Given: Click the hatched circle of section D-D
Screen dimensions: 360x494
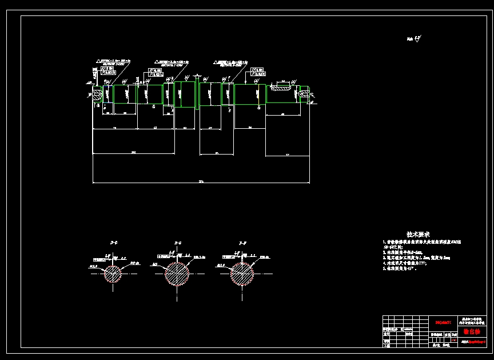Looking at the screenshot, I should coord(112,274).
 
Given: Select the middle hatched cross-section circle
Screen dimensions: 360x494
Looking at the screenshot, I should coord(177,274).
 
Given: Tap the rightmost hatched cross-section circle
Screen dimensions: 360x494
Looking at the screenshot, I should coord(242,274).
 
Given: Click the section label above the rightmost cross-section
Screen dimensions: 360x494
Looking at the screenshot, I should coord(242,244).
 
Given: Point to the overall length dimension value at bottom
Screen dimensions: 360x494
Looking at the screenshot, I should coord(201,181).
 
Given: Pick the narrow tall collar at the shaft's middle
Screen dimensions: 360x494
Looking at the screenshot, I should coord(197,94).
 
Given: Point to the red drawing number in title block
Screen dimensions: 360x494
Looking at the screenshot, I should coord(443,323).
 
